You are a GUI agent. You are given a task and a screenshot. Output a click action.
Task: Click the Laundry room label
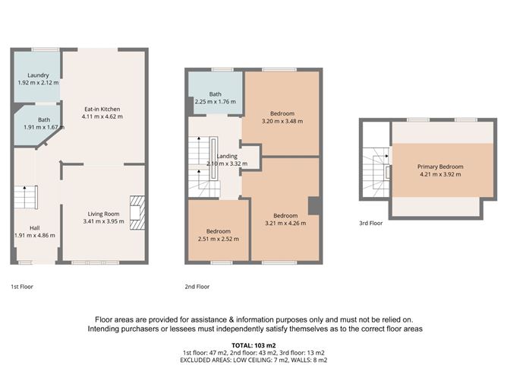coord(38,75)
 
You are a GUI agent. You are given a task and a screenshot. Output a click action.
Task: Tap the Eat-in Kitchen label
coord(102,109)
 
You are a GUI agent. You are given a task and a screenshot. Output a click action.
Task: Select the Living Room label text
coord(102,214)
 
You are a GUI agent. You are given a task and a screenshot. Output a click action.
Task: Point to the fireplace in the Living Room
coord(136,211)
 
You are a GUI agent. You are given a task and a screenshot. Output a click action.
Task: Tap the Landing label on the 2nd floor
coord(227,156)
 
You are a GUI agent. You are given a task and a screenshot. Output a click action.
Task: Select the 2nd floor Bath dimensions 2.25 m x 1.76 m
coord(216,102)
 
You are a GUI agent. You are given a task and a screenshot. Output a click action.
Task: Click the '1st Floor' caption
coord(23,287)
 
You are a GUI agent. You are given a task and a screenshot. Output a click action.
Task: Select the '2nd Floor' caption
coord(197,287)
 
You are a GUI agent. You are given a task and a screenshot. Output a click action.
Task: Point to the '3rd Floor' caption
coord(371,223)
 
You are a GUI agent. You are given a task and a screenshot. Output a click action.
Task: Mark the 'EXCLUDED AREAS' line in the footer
coord(253,361)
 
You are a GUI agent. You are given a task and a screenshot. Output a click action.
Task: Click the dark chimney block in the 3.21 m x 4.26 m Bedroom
coord(313,205)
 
